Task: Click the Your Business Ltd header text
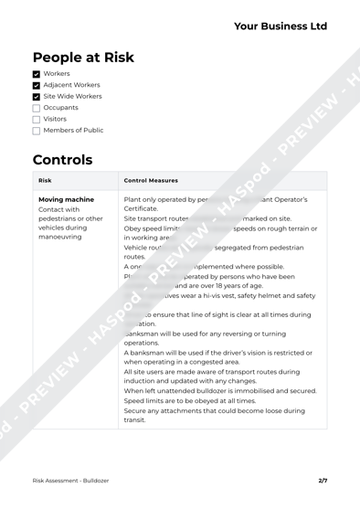(x=280, y=27)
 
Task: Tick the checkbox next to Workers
(x=37, y=73)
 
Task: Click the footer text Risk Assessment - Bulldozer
(x=70, y=480)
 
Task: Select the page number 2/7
(x=323, y=480)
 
